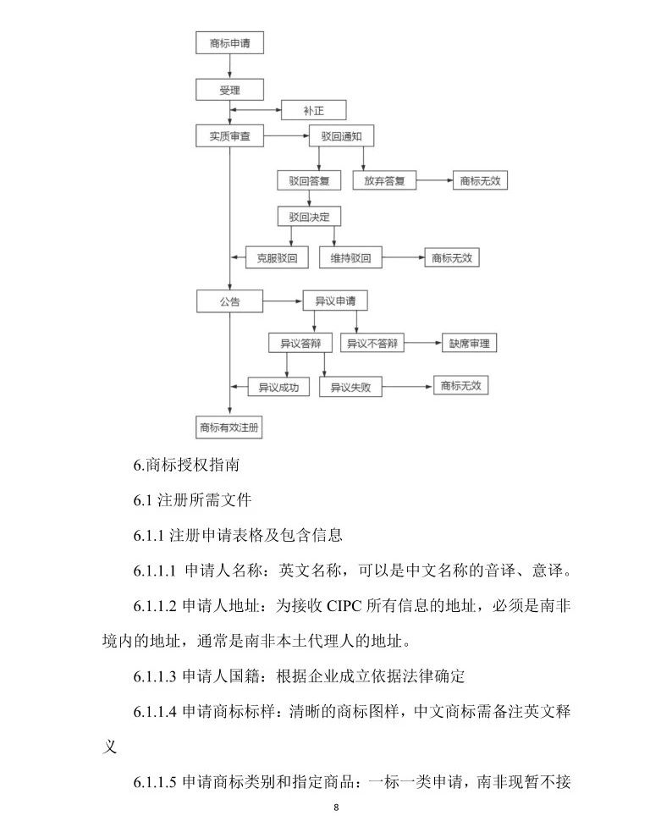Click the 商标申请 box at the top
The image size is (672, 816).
tap(229, 43)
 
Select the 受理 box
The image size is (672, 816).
tap(229, 89)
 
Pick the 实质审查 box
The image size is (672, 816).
tap(229, 135)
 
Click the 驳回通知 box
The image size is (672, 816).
tap(335, 135)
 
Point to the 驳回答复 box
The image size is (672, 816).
tap(308, 180)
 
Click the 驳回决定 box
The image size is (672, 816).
tap(308, 217)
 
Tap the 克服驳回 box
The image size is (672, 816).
tap(277, 258)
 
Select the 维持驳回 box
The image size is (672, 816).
tap(350, 258)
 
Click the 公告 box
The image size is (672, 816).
tap(229, 300)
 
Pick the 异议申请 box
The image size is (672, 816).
tap(335, 300)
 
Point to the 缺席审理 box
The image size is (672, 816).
tap(469, 344)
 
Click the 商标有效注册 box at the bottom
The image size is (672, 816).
tap(229, 427)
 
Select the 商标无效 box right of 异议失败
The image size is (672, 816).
tap(460, 386)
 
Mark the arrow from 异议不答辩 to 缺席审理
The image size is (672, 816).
tap(422, 344)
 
